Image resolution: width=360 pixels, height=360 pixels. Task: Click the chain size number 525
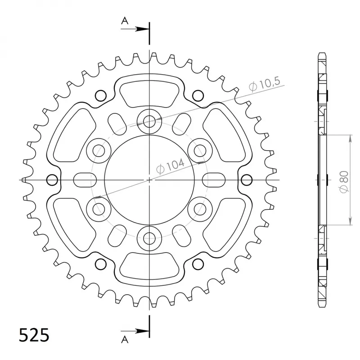point(34,335)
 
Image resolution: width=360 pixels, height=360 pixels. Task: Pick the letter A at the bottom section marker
point(124,338)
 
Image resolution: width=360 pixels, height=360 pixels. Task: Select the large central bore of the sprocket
point(149,180)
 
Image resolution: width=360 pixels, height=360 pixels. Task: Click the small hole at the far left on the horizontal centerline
point(52,180)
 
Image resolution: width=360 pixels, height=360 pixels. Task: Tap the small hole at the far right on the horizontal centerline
point(246,180)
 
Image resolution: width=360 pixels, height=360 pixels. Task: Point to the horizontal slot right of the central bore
point(213,180)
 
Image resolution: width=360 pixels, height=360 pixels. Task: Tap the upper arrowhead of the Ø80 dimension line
point(349,137)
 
